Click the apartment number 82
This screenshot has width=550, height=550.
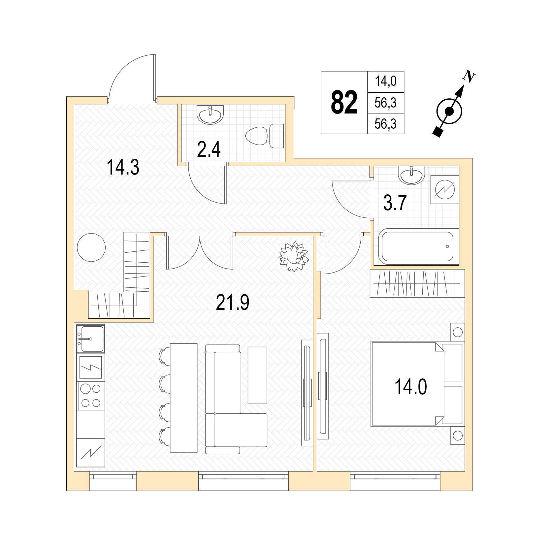tap(344, 103)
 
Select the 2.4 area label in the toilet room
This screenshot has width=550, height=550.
tap(209, 149)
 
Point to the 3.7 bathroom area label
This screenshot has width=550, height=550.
tap(395, 203)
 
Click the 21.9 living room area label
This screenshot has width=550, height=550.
tap(233, 302)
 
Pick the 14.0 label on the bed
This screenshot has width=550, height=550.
tap(411, 387)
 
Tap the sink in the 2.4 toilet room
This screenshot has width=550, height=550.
tap(210, 114)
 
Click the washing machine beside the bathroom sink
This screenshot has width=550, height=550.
tap(445, 189)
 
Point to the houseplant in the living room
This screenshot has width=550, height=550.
tap(294, 256)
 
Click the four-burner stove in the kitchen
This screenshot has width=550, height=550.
tap(91, 396)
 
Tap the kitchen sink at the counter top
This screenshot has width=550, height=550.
tap(91, 339)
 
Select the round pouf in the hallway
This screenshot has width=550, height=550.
tap(91, 247)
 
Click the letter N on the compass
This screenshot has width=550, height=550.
tap(469, 77)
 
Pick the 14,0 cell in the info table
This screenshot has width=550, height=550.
tap(386, 81)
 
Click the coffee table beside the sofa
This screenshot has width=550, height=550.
tap(257, 375)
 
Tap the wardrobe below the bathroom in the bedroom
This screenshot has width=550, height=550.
tap(417, 283)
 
